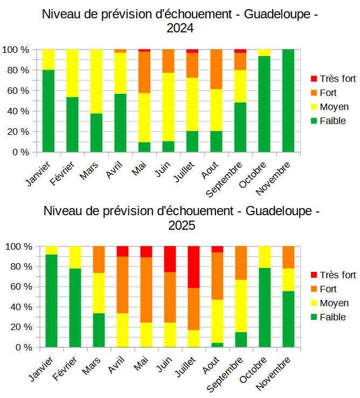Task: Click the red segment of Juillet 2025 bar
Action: pyautogui.click(x=194, y=267)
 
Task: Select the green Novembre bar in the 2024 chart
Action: pyautogui.click(x=288, y=100)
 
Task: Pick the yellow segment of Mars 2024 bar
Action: pyautogui.click(x=96, y=81)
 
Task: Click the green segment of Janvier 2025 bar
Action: pyautogui.click(x=51, y=301)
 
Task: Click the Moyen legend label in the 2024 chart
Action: pyautogui.click(x=335, y=107)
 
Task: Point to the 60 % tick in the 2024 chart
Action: pyautogui.click(x=18, y=91)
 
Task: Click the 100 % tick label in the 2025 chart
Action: pyautogui.click(x=18, y=246)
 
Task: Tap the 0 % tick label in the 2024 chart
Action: pyautogui.click(x=21, y=152)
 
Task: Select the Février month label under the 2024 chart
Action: pyautogui.click(x=65, y=172)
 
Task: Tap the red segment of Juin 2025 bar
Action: pyautogui.click(x=170, y=259)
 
